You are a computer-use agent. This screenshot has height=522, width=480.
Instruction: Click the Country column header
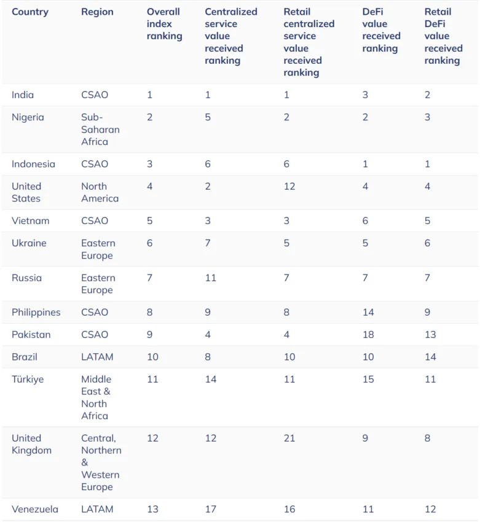tap(30, 12)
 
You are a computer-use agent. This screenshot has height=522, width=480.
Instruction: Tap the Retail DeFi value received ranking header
tap(443, 36)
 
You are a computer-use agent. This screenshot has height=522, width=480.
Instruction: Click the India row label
tap(23, 95)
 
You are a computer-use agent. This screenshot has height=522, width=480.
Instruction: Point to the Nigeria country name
tap(28, 117)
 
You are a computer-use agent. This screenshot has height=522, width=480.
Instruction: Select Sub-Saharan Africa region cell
tap(100, 130)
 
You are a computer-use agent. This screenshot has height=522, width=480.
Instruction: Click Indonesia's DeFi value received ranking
tap(365, 164)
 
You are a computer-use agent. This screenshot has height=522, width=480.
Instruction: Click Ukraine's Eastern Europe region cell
tap(98, 249)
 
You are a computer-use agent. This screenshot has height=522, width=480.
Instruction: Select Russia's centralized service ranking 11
tap(211, 278)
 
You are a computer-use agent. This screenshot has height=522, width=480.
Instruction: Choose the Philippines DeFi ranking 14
tap(368, 312)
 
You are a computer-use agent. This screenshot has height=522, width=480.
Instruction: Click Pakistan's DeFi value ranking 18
tap(368, 334)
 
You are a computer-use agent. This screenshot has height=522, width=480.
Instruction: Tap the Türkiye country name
tap(28, 379)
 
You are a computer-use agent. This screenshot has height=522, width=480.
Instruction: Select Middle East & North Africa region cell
tap(96, 397)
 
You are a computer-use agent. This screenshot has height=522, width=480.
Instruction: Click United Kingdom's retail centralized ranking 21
tap(289, 438)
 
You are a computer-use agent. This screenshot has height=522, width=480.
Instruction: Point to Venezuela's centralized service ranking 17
tap(211, 509)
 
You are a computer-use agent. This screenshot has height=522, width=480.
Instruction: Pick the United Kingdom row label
tap(31, 444)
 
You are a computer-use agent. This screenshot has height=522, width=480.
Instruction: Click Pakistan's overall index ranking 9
tap(150, 334)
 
